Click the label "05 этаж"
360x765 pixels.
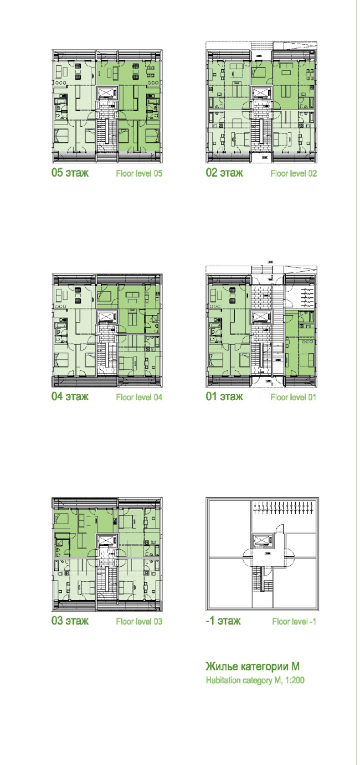click(70, 173)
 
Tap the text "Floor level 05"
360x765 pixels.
click(139, 173)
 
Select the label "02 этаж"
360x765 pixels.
click(224, 173)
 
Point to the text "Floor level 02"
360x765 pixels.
click(294, 173)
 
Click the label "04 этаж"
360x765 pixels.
click(70, 396)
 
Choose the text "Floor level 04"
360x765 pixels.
click(139, 397)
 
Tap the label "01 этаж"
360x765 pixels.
click(224, 396)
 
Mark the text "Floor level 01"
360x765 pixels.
click(294, 397)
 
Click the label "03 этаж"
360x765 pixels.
click(70, 621)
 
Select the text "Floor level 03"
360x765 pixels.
click(139, 621)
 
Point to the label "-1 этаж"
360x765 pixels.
click(223, 621)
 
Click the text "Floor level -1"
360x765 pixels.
click(294, 621)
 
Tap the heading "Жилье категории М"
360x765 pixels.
click(253, 666)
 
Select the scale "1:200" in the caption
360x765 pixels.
click(295, 680)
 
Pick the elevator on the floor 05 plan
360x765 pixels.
click(107, 93)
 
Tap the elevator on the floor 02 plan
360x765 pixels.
click(261, 93)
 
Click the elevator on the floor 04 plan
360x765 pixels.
click(107, 317)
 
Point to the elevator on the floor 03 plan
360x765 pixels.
click(107, 541)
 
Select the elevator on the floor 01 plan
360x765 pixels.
click(261, 317)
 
